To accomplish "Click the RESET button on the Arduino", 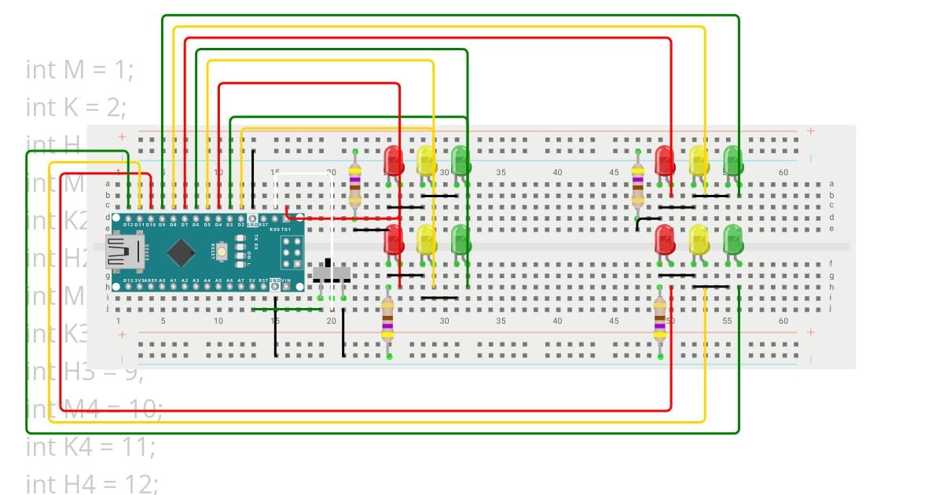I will [224, 251].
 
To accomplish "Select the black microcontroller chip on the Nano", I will [182, 251].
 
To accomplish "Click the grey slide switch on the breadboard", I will [332, 274].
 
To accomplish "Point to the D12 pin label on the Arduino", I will [128, 225].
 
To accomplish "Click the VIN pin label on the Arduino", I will [287, 280].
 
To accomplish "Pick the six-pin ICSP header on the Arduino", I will [292, 251].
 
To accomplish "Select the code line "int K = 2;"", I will [76, 107].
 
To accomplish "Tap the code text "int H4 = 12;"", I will [92, 484].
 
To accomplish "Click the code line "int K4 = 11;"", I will [90, 446].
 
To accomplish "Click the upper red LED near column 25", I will [394, 160].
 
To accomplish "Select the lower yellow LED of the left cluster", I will [427, 239].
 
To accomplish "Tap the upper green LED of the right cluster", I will [732, 160].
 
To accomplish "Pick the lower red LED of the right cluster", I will [665, 239].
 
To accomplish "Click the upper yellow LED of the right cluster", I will [699, 160].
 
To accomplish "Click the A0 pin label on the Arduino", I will [162, 280].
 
